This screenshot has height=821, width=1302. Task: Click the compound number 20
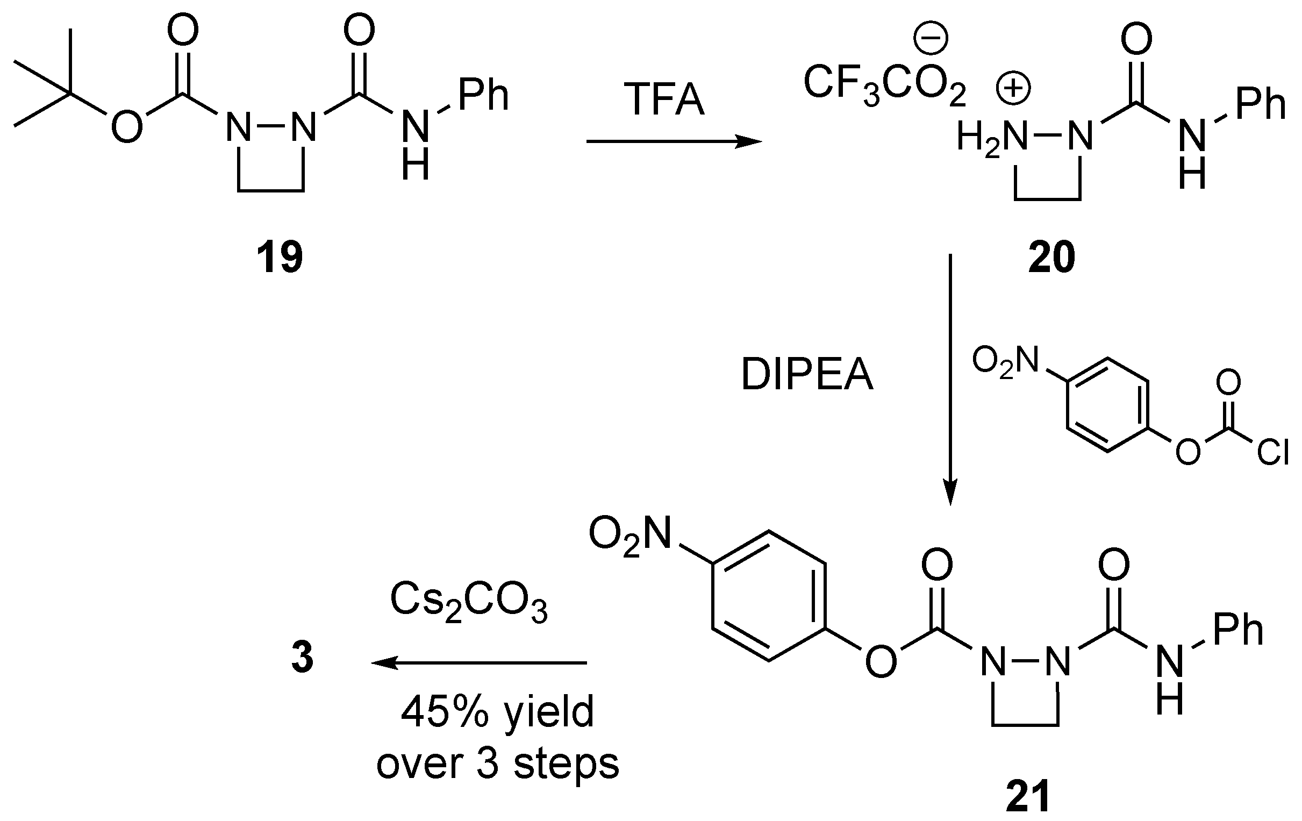pos(1051,258)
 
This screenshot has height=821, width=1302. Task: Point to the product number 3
pos(302,658)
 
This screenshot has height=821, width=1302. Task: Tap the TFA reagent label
pos(664,100)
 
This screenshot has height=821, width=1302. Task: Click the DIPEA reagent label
pos(807,374)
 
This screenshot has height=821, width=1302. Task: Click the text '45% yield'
pos(497,712)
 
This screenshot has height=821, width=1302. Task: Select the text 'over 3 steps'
pos(497,763)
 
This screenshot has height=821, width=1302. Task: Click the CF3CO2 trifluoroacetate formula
pos(884,84)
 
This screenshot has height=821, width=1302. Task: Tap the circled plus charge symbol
pos(1013,89)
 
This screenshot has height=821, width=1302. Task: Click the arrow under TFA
pos(674,142)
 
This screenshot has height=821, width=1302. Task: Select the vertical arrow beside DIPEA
pos(950,379)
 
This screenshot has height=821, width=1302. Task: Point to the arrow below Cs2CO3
pos(479,662)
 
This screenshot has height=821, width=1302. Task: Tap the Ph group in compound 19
pos(483,95)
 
